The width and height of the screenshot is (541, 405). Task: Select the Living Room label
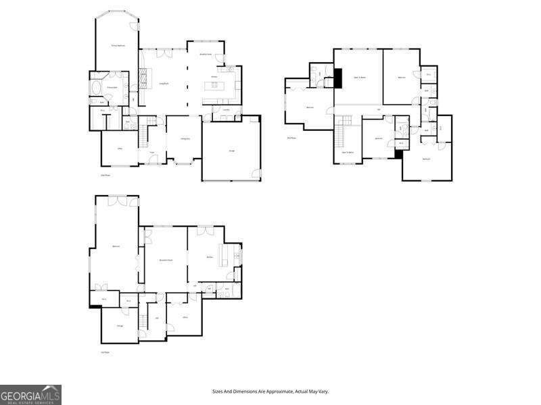[x=164, y=84]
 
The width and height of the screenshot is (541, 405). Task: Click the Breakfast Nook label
[x=205, y=53]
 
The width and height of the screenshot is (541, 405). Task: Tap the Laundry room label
[x=227, y=109]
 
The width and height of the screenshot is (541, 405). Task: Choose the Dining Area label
[x=184, y=139]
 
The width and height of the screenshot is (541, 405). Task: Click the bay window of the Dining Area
[x=184, y=163]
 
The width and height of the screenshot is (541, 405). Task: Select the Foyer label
[x=152, y=153]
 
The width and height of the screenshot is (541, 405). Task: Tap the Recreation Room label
[x=166, y=260]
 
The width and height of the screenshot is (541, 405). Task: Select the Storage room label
[x=120, y=326]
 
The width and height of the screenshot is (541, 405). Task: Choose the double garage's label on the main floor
[x=231, y=151]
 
